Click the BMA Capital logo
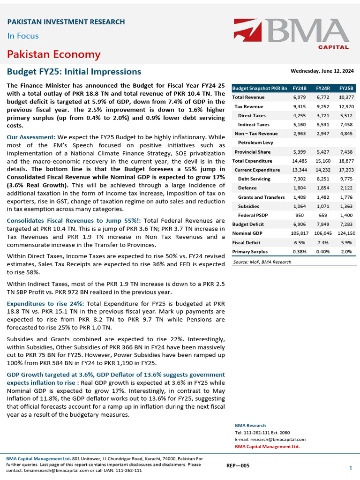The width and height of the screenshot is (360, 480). (292, 34)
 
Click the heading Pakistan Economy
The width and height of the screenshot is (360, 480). (53, 54)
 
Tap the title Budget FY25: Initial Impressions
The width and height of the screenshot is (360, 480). (74, 72)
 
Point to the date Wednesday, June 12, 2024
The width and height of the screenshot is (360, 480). (322, 71)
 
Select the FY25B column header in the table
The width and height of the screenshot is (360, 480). (346, 88)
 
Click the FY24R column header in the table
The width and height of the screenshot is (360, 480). (322, 88)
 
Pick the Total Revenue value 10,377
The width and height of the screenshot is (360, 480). (346, 97)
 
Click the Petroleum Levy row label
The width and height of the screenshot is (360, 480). (257, 142)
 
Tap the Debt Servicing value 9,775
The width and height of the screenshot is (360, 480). (346, 179)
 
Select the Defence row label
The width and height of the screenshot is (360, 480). (247, 188)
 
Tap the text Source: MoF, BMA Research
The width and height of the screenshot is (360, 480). (262, 262)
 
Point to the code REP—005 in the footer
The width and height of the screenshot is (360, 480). (238, 465)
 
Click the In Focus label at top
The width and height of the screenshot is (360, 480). (23, 36)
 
